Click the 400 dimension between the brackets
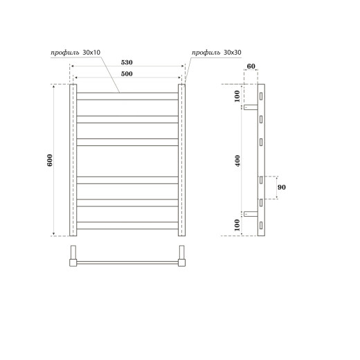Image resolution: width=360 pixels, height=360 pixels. pyautogui.click(x=237, y=160)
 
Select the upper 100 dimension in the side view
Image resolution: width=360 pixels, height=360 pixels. pyautogui.click(x=237, y=96)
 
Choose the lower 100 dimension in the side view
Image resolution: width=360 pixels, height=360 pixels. pyautogui.click(x=237, y=224)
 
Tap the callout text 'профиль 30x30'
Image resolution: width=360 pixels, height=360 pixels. pyautogui.click(x=217, y=53)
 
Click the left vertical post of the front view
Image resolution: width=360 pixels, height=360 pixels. pyautogui.click(x=72, y=160)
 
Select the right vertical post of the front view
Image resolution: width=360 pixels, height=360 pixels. pyautogui.click(x=183, y=160)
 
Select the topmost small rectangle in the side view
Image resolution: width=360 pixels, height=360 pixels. pyautogui.click(x=261, y=96)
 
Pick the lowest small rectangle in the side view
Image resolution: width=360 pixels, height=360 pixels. pyautogui.click(x=261, y=224)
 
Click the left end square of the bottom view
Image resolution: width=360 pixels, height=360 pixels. pyautogui.click(x=72, y=262)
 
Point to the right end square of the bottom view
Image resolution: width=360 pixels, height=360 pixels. pyautogui.click(x=183, y=262)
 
